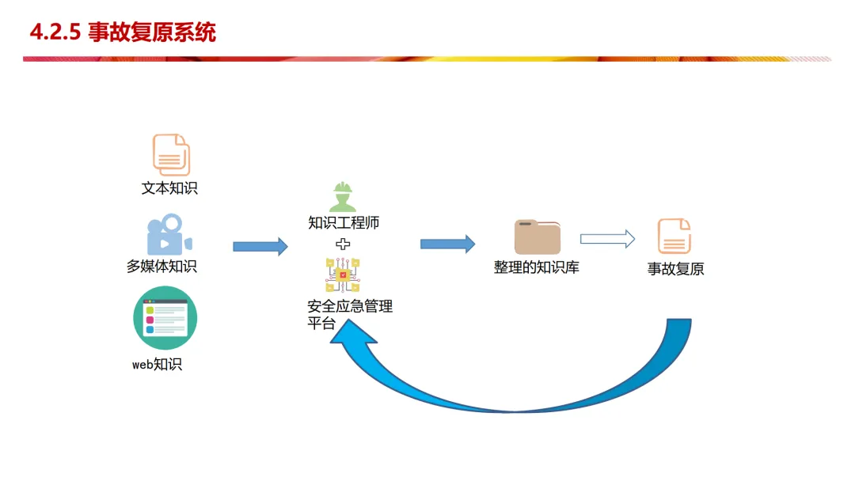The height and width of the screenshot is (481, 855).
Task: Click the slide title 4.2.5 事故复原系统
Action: click(x=123, y=32)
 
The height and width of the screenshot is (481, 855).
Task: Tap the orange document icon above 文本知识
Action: click(x=171, y=155)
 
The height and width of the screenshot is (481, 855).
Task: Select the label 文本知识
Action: click(x=169, y=188)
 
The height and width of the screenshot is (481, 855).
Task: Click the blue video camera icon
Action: click(x=169, y=234)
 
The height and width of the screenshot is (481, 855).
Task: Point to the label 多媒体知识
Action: click(x=161, y=267)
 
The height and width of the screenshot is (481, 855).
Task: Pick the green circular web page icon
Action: click(x=165, y=318)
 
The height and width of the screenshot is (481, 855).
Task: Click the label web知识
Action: click(x=157, y=365)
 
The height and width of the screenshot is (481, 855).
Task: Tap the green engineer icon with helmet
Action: click(x=343, y=197)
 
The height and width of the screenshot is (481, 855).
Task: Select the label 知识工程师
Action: click(x=344, y=223)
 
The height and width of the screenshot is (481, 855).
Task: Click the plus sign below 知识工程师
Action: click(x=343, y=244)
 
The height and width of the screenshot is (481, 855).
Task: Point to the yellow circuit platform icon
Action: click(x=343, y=275)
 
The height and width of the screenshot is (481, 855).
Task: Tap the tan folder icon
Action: click(x=537, y=237)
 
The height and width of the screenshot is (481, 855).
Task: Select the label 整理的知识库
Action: click(x=536, y=267)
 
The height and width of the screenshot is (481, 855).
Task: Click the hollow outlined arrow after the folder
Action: click(x=607, y=239)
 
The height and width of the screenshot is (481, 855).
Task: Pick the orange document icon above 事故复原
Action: click(x=674, y=237)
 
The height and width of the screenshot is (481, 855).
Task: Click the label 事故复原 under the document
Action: click(x=675, y=269)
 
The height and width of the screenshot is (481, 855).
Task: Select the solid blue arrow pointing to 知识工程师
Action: click(x=260, y=246)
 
